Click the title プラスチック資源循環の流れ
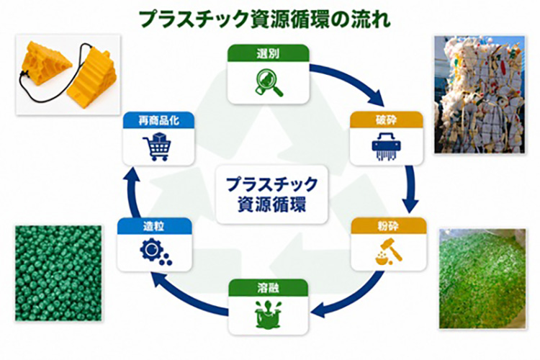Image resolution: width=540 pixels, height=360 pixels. click(265, 19)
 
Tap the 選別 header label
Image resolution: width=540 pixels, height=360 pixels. click(268, 53)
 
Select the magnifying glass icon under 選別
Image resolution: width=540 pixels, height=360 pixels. click(269, 82)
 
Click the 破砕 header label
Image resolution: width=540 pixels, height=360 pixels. click(386, 120)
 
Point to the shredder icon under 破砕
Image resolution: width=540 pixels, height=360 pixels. click(387, 146)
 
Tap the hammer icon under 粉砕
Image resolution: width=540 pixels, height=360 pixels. click(389, 252)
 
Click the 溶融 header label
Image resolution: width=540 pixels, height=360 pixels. click(268, 288)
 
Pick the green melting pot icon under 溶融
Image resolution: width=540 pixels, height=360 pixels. click(269, 314)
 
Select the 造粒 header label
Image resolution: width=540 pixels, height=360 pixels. click(153, 226)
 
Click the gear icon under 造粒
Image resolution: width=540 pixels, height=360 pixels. click(156, 252)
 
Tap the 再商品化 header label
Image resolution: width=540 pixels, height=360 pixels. click(158, 120)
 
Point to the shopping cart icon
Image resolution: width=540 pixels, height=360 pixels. click(157, 146)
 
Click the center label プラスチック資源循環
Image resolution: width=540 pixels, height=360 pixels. click(271, 194)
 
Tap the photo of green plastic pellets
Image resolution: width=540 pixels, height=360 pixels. click(58, 274)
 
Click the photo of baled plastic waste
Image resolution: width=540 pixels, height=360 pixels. click(479, 94)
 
